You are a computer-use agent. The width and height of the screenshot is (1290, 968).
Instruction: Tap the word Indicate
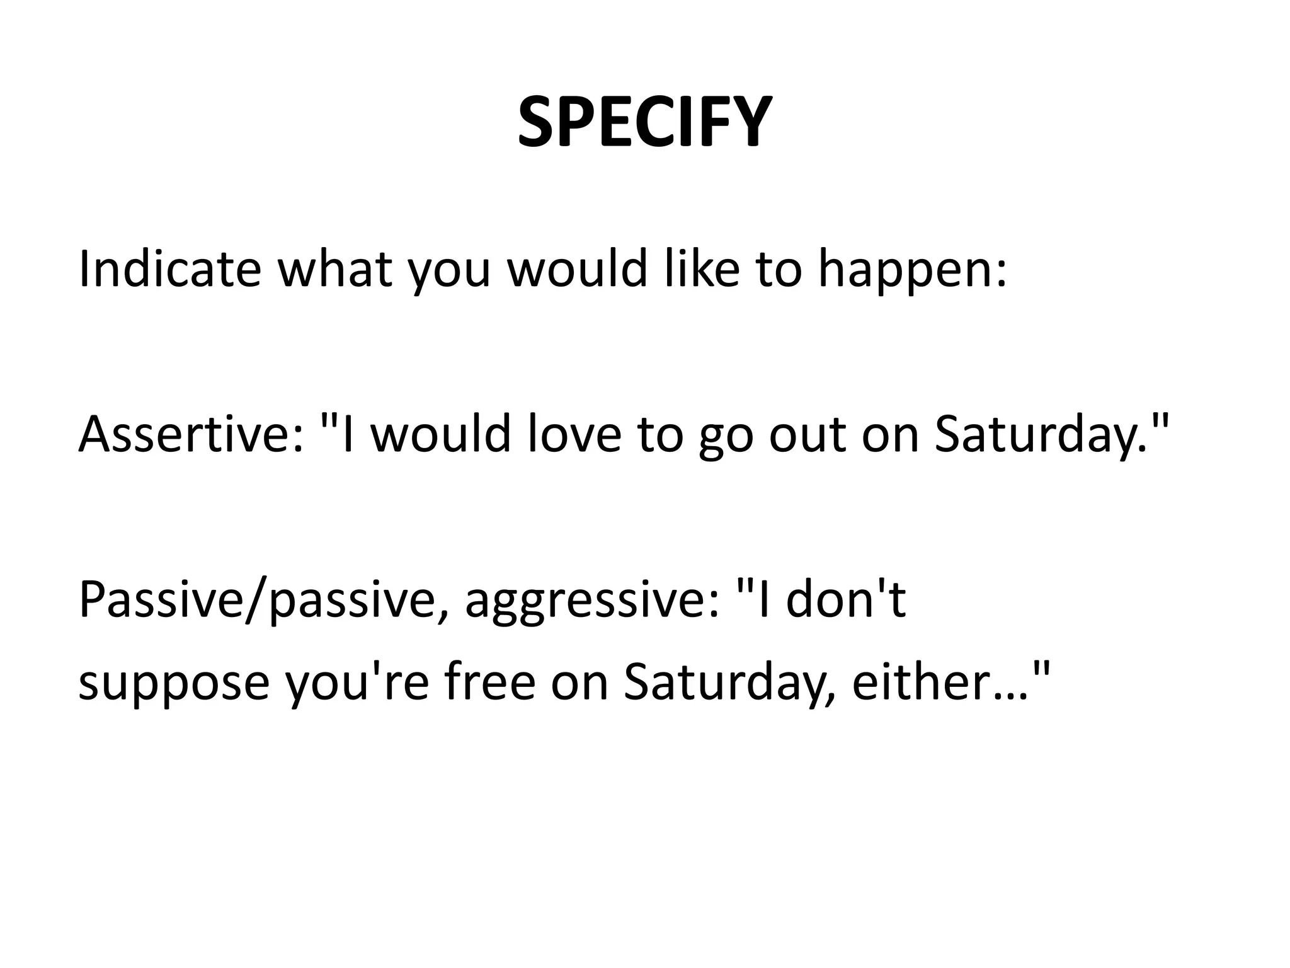point(169,269)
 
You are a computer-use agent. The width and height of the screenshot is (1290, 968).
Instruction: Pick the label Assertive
point(183,435)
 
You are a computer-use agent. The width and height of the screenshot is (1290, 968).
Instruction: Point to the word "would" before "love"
point(440,435)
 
